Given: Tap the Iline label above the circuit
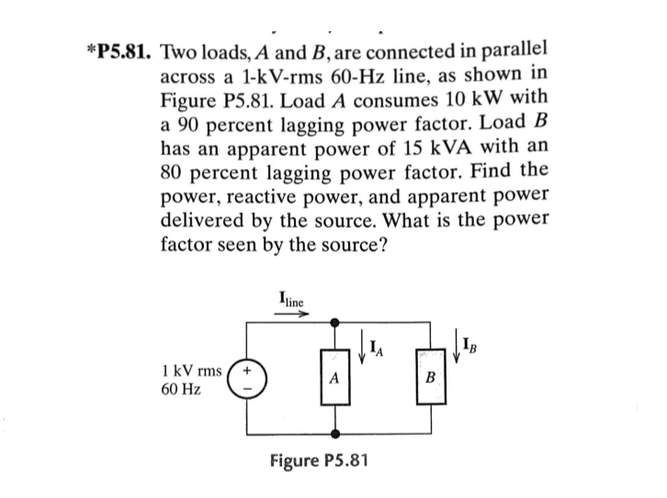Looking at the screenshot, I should pyautogui.click(x=291, y=299).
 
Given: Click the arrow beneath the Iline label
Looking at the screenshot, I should pyautogui.click(x=292, y=312).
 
